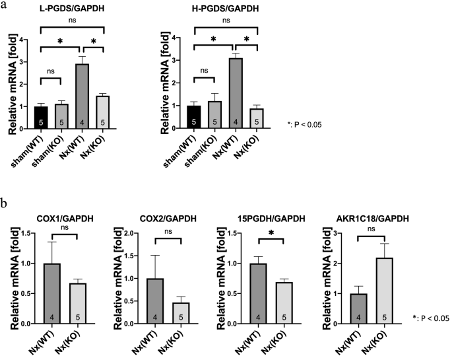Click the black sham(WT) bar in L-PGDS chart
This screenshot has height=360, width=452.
pos(42,118)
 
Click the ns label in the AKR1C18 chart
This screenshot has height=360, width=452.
pos(379,230)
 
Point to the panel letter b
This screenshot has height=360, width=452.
pos(5,204)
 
